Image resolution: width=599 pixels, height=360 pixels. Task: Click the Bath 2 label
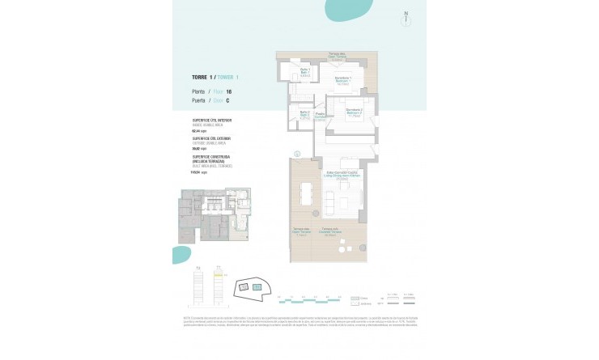pyautogui.click(x=304, y=114)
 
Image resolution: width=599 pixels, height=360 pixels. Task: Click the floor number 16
pyautogui.click(x=228, y=92)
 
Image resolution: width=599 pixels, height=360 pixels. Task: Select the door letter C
pyautogui.click(x=227, y=101)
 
